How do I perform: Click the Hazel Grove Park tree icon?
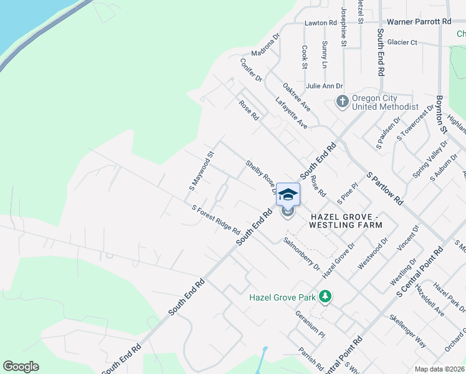[324, 297]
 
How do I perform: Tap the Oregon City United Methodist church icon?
[342, 101]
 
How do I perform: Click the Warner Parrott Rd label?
[419, 21]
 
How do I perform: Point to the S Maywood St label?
[201, 170]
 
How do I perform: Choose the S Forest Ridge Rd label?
[216, 220]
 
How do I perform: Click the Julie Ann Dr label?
[324, 86]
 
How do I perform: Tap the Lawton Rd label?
[320, 23]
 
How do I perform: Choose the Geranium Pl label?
[310, 323]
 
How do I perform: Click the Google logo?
[21, 367]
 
